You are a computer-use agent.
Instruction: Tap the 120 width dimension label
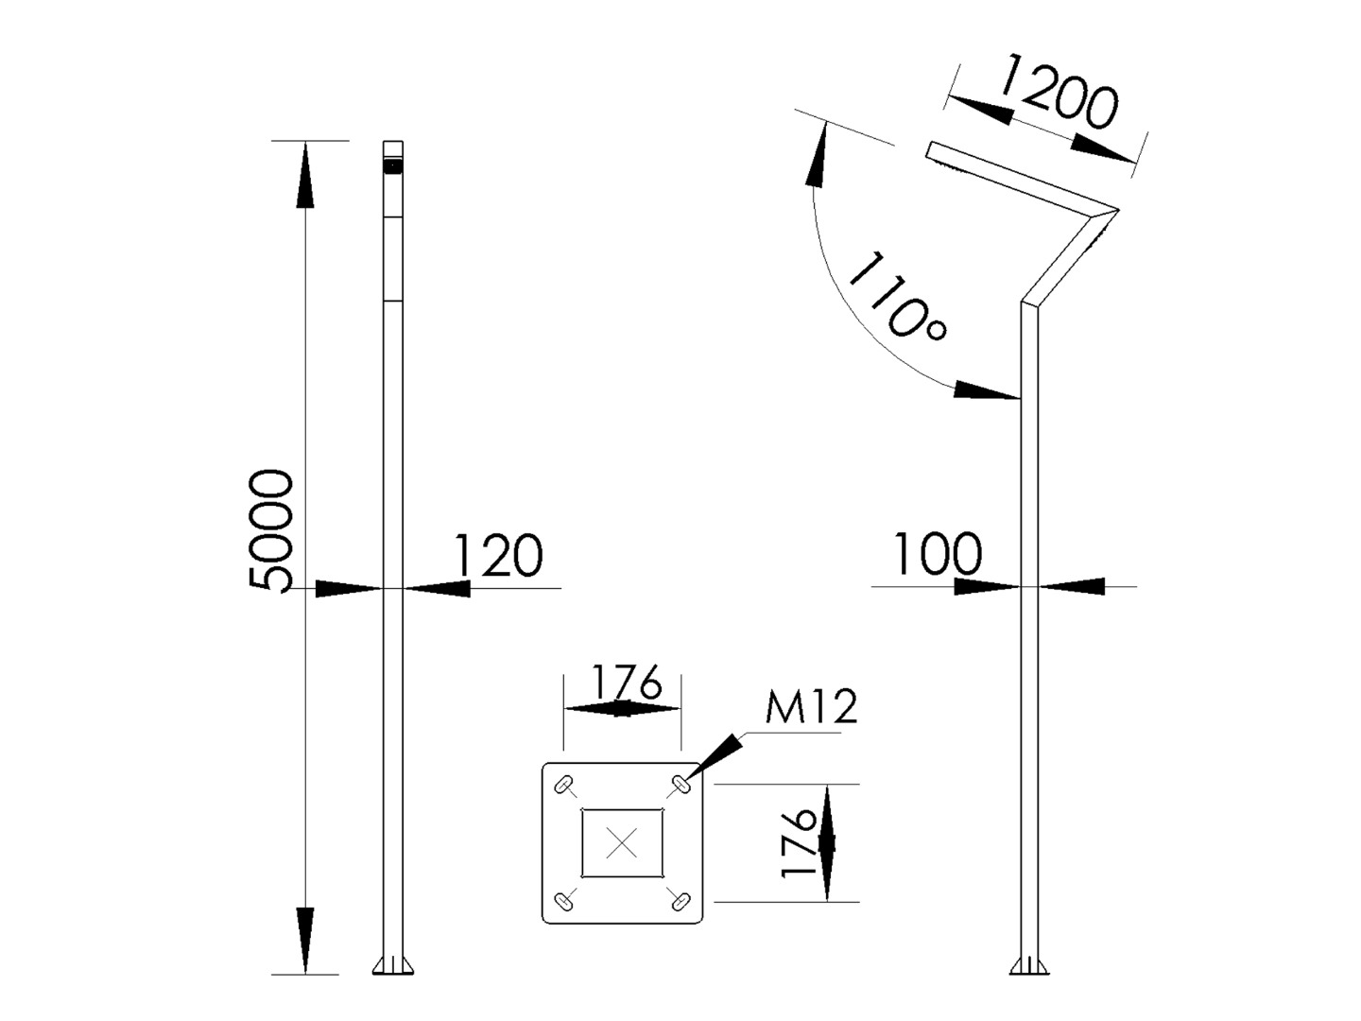point(498,556)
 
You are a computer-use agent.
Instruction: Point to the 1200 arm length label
point(1057,93)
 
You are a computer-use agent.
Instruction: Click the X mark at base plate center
point(621,842)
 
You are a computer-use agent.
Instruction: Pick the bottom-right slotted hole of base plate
point(679,901)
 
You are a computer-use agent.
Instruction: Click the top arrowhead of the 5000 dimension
point(304,174)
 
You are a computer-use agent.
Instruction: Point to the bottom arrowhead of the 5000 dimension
point(304,940)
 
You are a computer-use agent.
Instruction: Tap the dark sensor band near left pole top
point(392,166)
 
